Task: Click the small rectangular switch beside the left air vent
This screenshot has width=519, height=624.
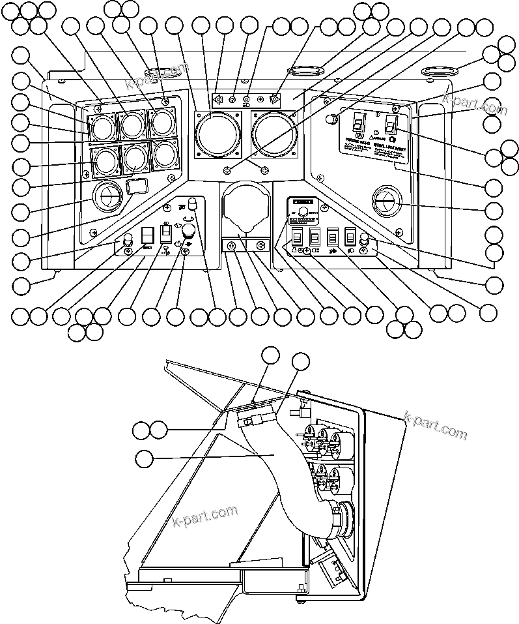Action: [135, 188]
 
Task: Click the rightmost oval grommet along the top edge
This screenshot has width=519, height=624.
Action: [438, 69]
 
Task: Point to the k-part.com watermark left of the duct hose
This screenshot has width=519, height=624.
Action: [206, 516]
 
